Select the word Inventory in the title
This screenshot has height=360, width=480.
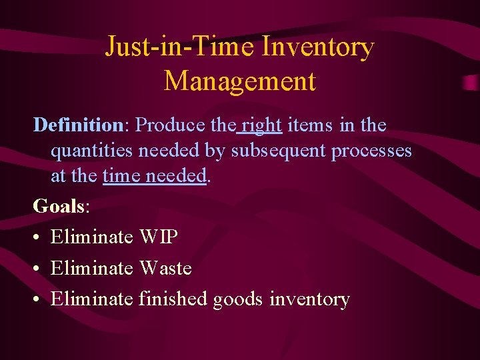coord(318,47)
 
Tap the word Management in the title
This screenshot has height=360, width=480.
coord(239,81)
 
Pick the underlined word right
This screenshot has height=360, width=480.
coord(262,125)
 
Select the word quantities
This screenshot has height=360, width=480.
coord(92,151)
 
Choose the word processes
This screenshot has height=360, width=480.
coord(371,151)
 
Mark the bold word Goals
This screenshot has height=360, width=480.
coord(58,206)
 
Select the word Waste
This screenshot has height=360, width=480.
coord(165,268)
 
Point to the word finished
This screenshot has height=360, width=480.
coord(173,299)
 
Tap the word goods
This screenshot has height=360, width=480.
coord(239,299)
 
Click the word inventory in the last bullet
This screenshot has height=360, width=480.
coord(309,299)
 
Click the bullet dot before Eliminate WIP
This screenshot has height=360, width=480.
coord(37,237)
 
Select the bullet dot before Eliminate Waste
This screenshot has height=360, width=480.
coord(37,269)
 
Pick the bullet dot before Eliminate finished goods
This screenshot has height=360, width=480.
coord(37,299)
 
